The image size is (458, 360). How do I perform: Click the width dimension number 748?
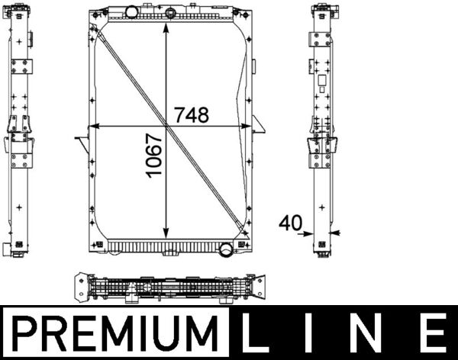pos(191,115)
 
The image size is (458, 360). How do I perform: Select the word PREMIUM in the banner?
pos(114,334)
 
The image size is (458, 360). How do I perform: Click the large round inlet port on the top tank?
pos(132,12)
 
